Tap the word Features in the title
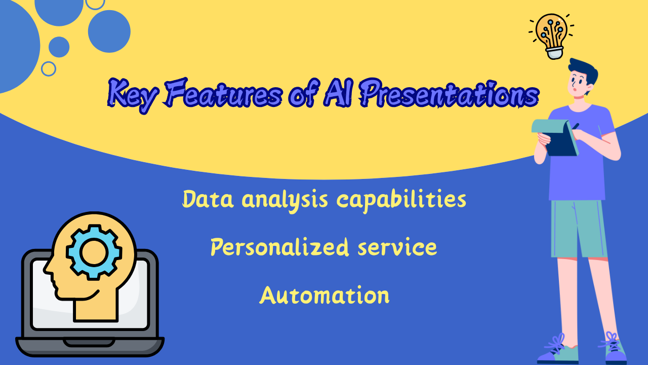click(222, 93)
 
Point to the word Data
click(208, 199)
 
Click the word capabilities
click(401, 200)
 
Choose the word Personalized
click(279, 247)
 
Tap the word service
click(397, 248)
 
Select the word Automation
click(325, 295)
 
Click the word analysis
click(285, 200)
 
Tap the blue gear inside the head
click(94, 252)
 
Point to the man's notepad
click(555, 137)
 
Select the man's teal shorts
click(579, 229)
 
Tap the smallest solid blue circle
click(59, 47)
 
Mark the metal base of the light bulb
click(554, 53)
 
